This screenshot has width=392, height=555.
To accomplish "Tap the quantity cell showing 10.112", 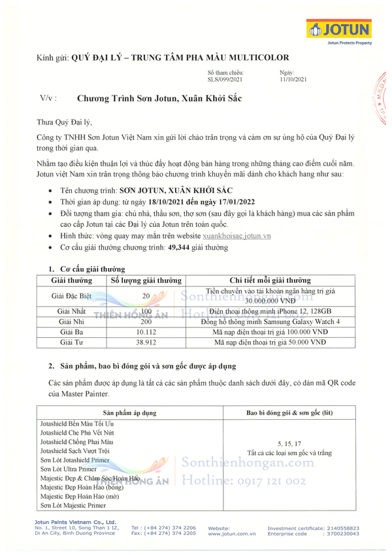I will [x=146, y=332].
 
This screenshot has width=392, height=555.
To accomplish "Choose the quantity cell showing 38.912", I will [x=146, y=342].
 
